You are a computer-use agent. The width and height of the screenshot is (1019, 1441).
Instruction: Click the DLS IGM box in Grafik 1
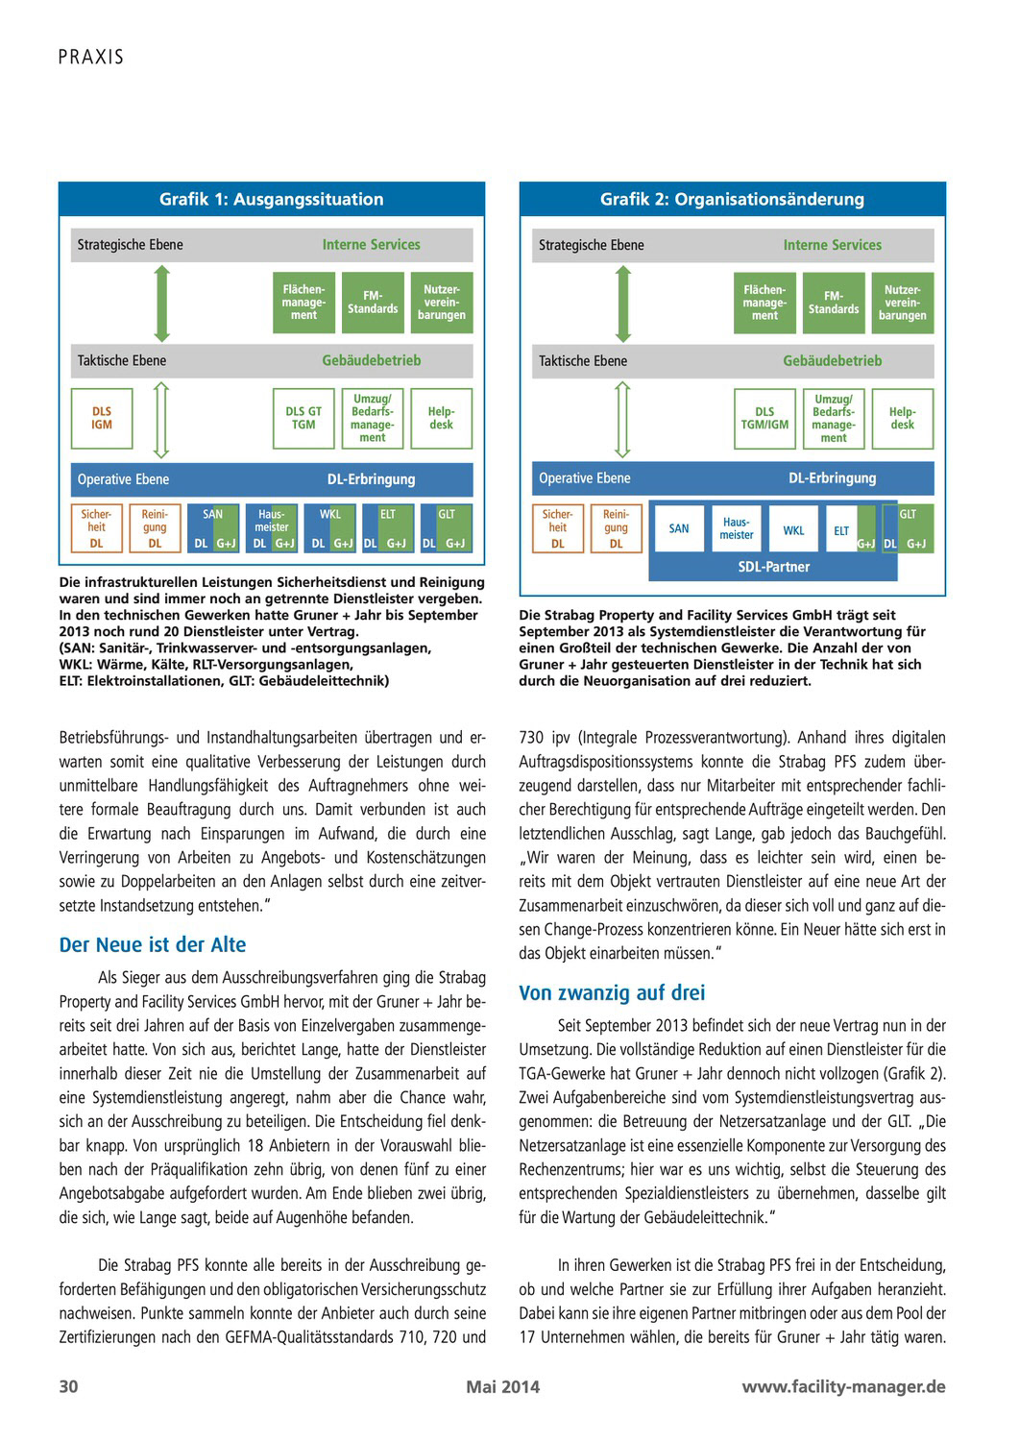pos(101,419)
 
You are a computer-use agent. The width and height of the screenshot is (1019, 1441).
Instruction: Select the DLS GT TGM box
pos(303,419)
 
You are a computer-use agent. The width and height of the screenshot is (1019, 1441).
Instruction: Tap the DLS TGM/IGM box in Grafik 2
pos(764,419)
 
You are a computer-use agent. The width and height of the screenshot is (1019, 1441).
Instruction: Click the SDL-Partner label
pos(773,567)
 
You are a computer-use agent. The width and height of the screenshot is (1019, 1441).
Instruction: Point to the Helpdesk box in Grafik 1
pos(441,419)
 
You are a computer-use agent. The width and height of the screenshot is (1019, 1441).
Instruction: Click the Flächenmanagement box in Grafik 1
pos(303,303)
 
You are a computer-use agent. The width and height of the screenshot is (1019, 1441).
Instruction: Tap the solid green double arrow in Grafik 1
pos(161,303)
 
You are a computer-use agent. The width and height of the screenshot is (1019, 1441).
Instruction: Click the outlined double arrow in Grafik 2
pos(622,419)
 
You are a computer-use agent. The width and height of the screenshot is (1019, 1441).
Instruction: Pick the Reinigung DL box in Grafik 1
pos(155,528)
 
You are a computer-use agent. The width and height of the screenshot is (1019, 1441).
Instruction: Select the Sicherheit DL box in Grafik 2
pos(557,528)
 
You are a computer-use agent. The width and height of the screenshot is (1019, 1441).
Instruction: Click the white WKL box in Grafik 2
pos(793,530)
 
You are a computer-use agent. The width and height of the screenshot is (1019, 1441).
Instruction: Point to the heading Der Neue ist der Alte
pos(153,945)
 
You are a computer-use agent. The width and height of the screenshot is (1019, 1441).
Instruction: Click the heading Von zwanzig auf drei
pos(612,993)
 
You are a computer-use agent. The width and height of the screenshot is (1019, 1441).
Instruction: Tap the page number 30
pos(69,1386)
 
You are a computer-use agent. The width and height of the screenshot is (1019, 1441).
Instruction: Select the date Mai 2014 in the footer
pos(503,1386)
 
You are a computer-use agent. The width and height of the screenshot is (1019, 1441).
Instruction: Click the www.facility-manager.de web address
pos(843,1386)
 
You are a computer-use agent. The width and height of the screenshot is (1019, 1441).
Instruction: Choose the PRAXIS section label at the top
pos(91,57)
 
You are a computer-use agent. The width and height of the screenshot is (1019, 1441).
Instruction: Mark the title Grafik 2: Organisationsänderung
pos(732,200)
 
